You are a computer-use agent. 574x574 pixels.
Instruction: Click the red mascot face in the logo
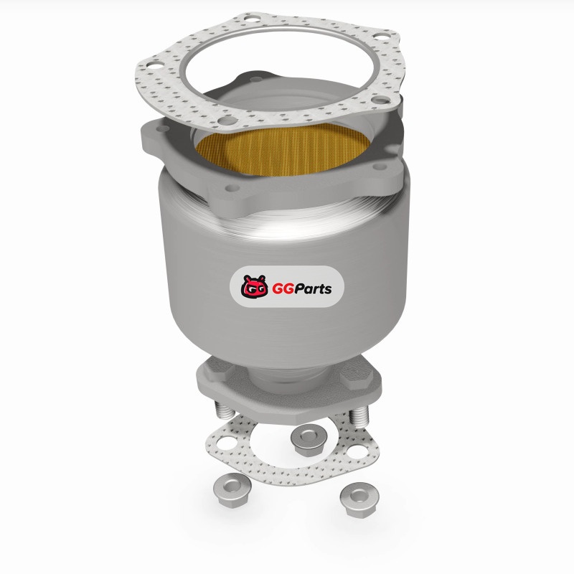(254, 286)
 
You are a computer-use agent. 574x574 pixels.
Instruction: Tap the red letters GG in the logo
(283, 289)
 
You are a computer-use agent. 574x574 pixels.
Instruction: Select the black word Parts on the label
(313, 289)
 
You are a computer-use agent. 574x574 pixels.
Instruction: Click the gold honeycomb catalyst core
(282, 150)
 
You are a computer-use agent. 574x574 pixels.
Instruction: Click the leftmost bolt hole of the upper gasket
(155, 66)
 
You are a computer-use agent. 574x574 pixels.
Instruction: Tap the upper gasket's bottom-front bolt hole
(226, 121)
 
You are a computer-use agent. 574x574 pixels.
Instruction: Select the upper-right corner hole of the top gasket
(382, 37)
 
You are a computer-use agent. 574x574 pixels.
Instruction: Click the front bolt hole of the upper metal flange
(232, 188)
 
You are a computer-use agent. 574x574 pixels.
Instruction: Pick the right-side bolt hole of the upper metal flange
(380, 167)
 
